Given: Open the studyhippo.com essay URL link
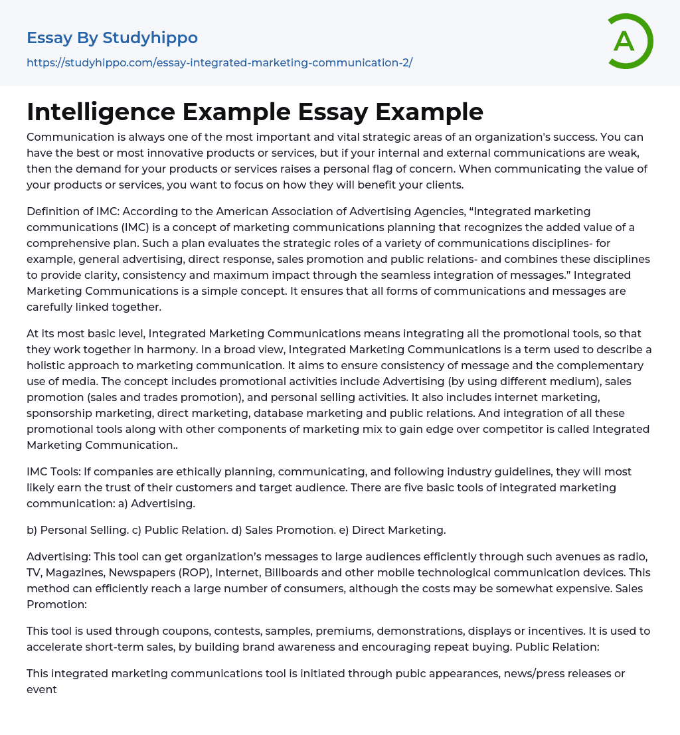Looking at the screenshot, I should (219, 62).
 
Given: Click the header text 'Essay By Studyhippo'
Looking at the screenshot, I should (112, 38).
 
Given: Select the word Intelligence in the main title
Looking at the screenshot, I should (99, 112).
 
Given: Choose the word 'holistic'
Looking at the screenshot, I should (48, 365).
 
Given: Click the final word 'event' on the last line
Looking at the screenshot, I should (42, 689).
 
